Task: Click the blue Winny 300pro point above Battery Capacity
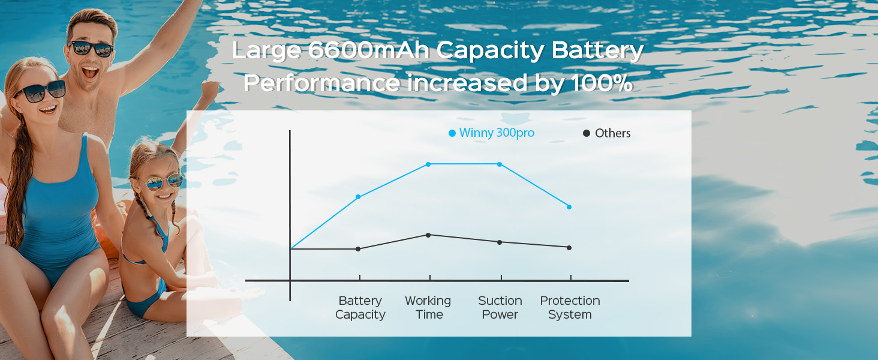tap(358, 196)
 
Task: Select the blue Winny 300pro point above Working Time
tap(428, 164)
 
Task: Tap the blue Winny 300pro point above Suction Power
tap(500, 164)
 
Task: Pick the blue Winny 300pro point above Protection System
tap(569, 206)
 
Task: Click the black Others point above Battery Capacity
tap(358, 249)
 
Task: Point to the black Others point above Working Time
tap(428, 235)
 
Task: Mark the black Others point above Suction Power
tap(500, 242)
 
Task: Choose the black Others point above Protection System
tap(569, 248)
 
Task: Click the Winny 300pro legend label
tap(497, 133)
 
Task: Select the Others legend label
tap(613, 133)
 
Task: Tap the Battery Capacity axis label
tap(360, 307)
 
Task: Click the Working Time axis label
tap(428, 307)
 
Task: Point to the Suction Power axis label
tap(500, 307)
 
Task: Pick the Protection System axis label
tap(570, 307)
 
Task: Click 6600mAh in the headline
tap(369, 50)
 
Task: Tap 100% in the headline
tap(602, 83)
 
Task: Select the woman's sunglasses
tap(40, 92)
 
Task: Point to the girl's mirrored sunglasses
tap(164, 182)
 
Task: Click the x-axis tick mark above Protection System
tap(571, 277)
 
